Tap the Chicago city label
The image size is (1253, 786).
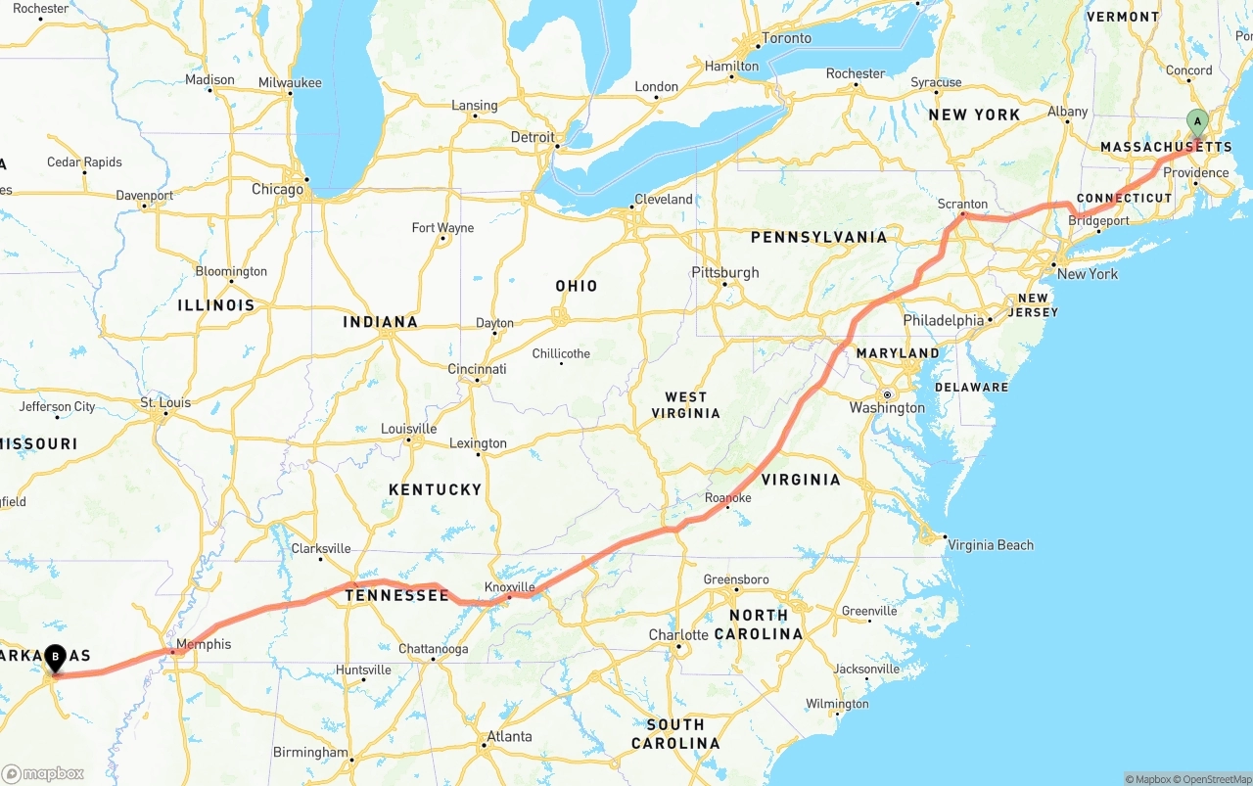pos(277,189)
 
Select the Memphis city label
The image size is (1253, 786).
pos(204,644)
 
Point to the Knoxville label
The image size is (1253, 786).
pos(510,587)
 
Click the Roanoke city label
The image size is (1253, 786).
pos(727,498)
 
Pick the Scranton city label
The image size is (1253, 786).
pos(962,204)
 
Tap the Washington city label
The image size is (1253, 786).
pos(887,408)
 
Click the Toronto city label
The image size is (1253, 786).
pos(786,38)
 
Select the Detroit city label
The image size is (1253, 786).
pos(533,137)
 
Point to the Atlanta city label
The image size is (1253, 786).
pos(509,736)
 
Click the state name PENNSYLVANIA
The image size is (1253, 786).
pos(818,237)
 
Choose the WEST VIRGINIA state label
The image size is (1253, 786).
pos(685,405)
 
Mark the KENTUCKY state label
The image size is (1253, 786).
pos(435,489)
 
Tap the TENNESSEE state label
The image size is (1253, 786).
pos(396,595)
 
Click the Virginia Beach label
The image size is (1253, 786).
pos(991,545)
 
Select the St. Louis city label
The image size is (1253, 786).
pos(165,402)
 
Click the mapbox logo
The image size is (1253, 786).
pos(43,773)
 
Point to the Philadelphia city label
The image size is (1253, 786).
pos(944,320)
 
